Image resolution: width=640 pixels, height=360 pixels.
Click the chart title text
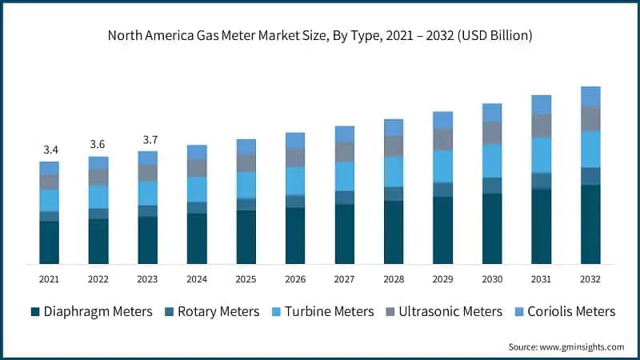point(320,36)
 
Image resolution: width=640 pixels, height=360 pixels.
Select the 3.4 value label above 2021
point(49,150)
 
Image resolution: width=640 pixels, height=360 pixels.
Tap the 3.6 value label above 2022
point(98,144)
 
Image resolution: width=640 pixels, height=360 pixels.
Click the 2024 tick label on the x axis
point(197,279)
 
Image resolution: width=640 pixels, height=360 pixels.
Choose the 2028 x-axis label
point(394,279)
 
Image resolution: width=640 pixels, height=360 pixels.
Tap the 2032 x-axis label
point(590,279)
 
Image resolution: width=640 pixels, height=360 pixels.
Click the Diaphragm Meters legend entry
point(91,311)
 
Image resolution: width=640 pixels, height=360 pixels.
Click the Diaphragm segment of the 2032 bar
point(590,224)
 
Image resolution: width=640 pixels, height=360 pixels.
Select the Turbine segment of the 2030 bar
point(492,161)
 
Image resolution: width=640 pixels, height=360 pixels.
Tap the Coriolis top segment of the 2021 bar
point(49,167)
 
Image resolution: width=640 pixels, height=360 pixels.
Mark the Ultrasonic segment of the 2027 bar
point(344,152)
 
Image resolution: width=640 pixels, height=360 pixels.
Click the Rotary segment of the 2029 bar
point(442,189)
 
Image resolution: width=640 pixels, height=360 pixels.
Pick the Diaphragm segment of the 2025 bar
point(246,237)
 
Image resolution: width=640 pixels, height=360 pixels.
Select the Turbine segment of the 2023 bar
point(147,193)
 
